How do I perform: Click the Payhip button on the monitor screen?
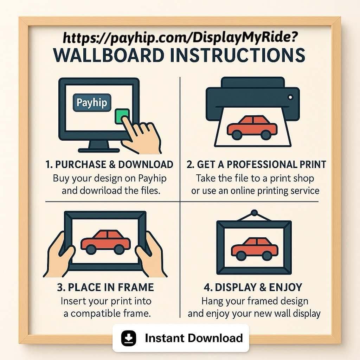(x=92, y=103)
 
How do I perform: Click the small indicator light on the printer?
(x=290, y=97)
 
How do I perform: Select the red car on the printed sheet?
(x=252, y=128)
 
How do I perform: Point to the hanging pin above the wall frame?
(x=254, y=213)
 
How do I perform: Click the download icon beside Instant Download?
(x=129, y=338)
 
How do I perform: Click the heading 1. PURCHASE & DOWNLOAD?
(x=109, y=165)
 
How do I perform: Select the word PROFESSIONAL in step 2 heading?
(x=262, y=165)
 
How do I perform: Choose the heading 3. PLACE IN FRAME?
(x=105, y=287)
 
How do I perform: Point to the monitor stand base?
(x=99, y=150)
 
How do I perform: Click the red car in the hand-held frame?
(x=105, y=242)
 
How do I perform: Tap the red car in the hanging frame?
(x=255, y=249)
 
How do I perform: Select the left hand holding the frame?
(x=59, y=255)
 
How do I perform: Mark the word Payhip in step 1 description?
(x=152, y=178)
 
